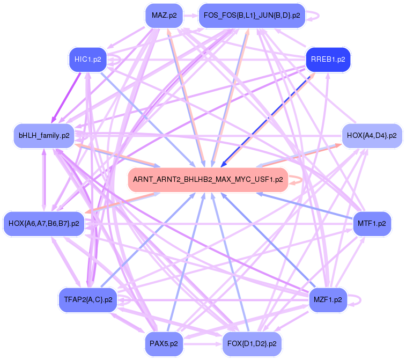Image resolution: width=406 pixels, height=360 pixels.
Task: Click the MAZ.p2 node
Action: click(x=164, y=16)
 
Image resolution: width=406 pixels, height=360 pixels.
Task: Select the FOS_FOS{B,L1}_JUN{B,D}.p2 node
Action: click(x=251, y=16)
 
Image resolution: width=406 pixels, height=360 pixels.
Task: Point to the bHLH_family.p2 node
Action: click(x=43, y=136)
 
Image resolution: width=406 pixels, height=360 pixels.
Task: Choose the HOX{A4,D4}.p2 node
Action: click(x=371, y=136)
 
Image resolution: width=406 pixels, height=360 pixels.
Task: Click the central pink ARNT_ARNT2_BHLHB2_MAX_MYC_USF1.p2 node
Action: click(x=208, y=180)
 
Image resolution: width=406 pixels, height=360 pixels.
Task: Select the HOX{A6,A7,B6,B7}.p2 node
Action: click(x=43, y=223)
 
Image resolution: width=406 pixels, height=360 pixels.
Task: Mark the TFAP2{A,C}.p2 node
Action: click(x=87, y=299)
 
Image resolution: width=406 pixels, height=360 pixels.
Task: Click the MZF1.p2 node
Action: click(x=328, y=299)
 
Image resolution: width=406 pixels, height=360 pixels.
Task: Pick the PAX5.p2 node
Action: click(x=164, y=343)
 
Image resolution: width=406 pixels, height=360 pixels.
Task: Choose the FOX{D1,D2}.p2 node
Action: click(x=252, y=343)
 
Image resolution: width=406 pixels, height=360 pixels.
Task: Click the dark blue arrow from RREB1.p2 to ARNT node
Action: click(x=268, y=119)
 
